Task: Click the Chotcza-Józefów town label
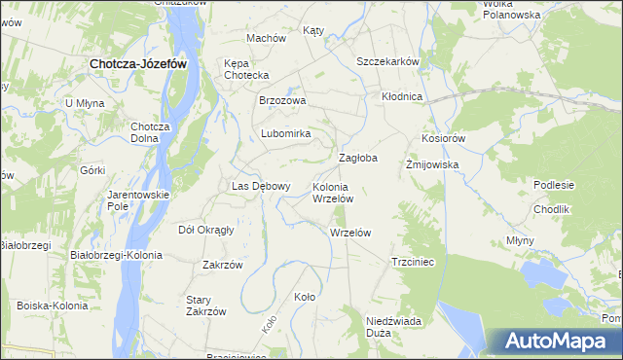137,63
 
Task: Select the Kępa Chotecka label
245,69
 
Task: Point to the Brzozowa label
282,100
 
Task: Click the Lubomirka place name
285,133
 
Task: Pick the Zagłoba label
357,157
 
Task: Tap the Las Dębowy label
260,186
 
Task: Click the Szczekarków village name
387,61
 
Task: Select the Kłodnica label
401,96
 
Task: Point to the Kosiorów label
444,139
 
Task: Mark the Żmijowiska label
431,164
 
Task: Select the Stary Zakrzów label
206,305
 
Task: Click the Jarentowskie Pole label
138,200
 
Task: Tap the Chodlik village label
551,209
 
